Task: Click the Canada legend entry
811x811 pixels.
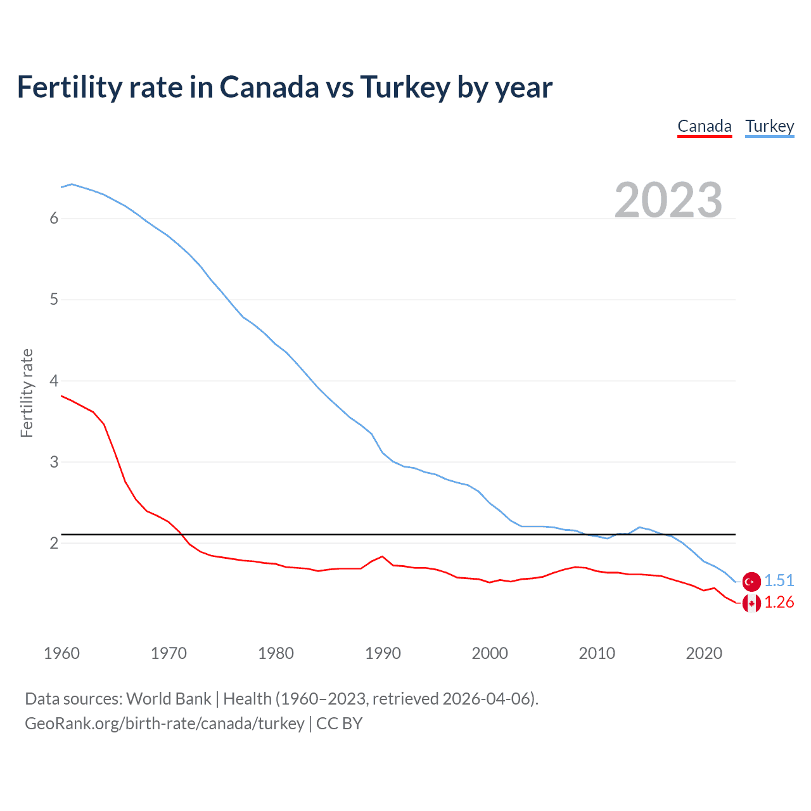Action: pos(705,126)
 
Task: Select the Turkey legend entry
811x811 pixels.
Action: pos(769,126)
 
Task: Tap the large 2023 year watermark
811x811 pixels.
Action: pos(668,200)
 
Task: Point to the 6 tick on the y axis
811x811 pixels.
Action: pos(54,219)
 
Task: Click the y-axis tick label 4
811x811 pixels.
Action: pos(54,381)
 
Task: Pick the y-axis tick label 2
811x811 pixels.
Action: pos(54,543)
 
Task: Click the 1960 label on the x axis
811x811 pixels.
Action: pos(61,653)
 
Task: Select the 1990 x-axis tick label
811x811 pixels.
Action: pos(383,653)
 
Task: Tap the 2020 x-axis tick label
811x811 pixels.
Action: pos(704,653)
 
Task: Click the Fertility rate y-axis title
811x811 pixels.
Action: pos(27,393)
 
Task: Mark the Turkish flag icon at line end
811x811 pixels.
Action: pos(751,581)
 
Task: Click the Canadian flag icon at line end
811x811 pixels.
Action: pos(751,603)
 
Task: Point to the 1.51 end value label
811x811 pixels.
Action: pos(779,580)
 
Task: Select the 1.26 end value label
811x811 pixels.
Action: pos(779,603)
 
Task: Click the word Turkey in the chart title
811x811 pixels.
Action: pos(405,87)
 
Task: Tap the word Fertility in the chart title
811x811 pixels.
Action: pos(69,87)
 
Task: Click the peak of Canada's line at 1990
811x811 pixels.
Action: pos(382,556)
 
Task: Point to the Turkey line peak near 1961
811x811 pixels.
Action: pos(72,184)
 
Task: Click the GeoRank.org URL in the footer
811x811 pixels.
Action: pos(165,724)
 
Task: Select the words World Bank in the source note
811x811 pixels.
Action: pos(169,699)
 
